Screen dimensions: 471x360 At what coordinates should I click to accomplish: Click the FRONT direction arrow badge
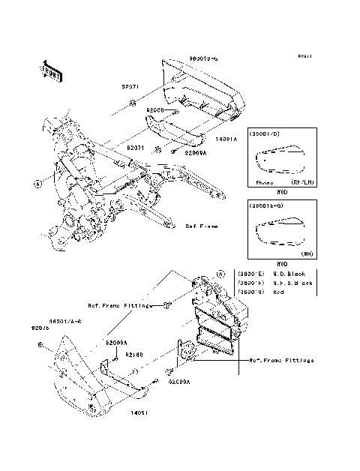coord(52,70)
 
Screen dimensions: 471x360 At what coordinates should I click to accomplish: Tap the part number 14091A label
coord(226,139)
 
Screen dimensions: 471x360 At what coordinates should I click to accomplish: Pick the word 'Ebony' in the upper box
coord(264,182)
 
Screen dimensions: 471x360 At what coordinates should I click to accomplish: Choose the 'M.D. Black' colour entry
coord(291,274)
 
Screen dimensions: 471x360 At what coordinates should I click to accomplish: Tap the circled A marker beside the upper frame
coord(36,182)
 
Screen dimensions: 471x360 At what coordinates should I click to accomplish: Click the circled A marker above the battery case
coord(220,274)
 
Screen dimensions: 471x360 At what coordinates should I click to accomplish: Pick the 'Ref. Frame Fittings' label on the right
coord(281,361)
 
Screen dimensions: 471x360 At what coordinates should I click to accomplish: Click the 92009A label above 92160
coord(117,342)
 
